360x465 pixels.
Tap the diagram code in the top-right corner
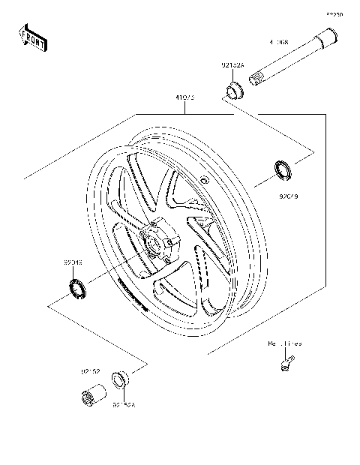(334, 14)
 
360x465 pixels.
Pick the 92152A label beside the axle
(232, 65)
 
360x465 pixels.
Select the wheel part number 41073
(184, 97)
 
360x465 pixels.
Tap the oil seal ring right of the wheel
(283, 171)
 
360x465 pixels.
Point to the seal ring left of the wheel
(77, 286)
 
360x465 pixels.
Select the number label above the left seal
(73, 264)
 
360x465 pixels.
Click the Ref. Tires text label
(285, 343)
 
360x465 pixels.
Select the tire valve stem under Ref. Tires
(283, 364)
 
